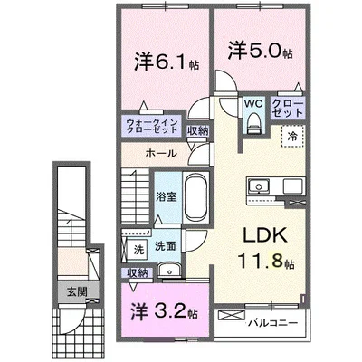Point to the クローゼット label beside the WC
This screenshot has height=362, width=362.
288,110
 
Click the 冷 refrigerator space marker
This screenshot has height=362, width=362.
294,137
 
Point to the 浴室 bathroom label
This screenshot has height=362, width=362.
166,195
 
